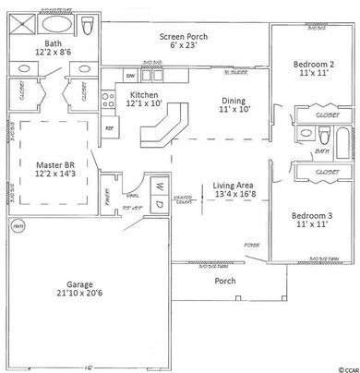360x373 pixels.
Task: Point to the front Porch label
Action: [x=224, y=280]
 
